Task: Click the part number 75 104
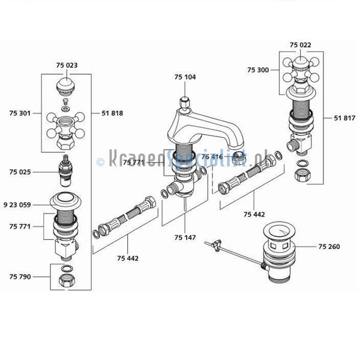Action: (185, 78)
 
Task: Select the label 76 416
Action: (212, 157)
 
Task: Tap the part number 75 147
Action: (185, 238)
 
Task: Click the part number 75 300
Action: (259, 70)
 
